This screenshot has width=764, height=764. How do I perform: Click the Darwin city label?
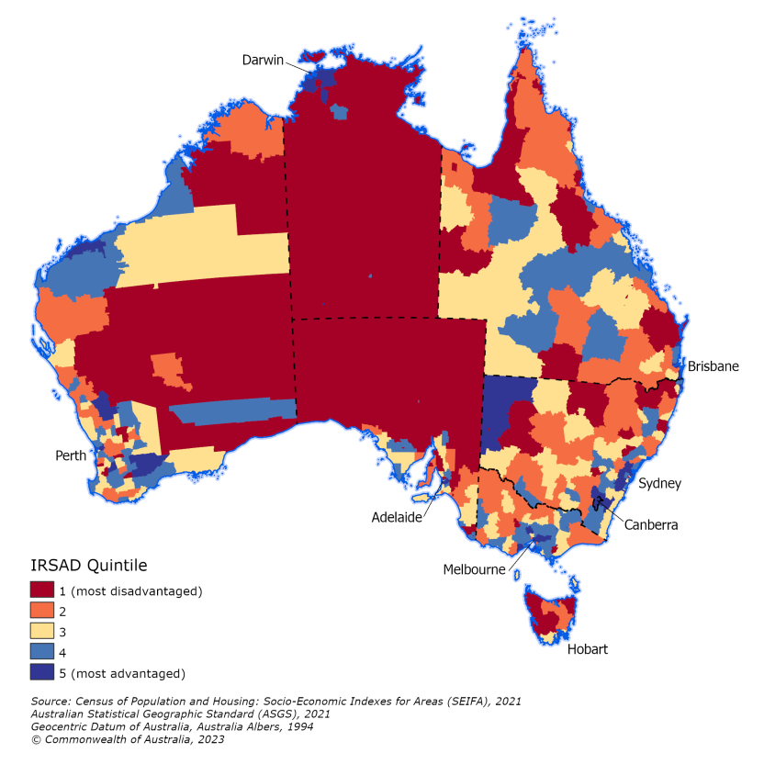click(x=264, y=60)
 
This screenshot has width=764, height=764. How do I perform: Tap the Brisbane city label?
click(x=713, y=366)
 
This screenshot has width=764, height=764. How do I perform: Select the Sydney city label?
click(x=659, y=483)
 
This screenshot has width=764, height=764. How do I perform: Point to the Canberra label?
click(x=651, y=525)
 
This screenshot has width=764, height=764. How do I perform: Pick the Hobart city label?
click(x=588, y=649)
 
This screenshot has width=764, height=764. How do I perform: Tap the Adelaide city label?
click(x=397, y=517)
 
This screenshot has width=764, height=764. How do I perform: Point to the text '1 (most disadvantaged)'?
click(x=134, y=590)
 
